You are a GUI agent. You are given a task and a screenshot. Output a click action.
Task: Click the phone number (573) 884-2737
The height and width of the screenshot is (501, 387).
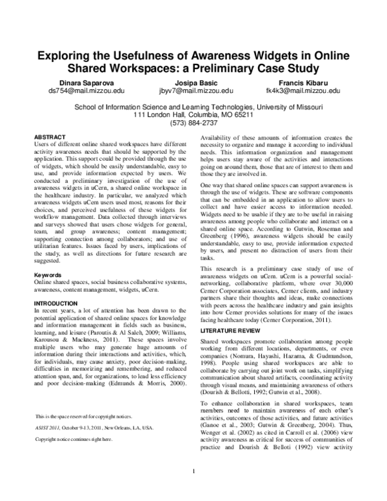point(193,123)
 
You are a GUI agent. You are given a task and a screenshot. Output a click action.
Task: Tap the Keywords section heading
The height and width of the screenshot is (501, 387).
point(48,275)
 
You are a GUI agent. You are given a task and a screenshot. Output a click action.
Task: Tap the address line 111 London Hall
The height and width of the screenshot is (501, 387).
point(193,116)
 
